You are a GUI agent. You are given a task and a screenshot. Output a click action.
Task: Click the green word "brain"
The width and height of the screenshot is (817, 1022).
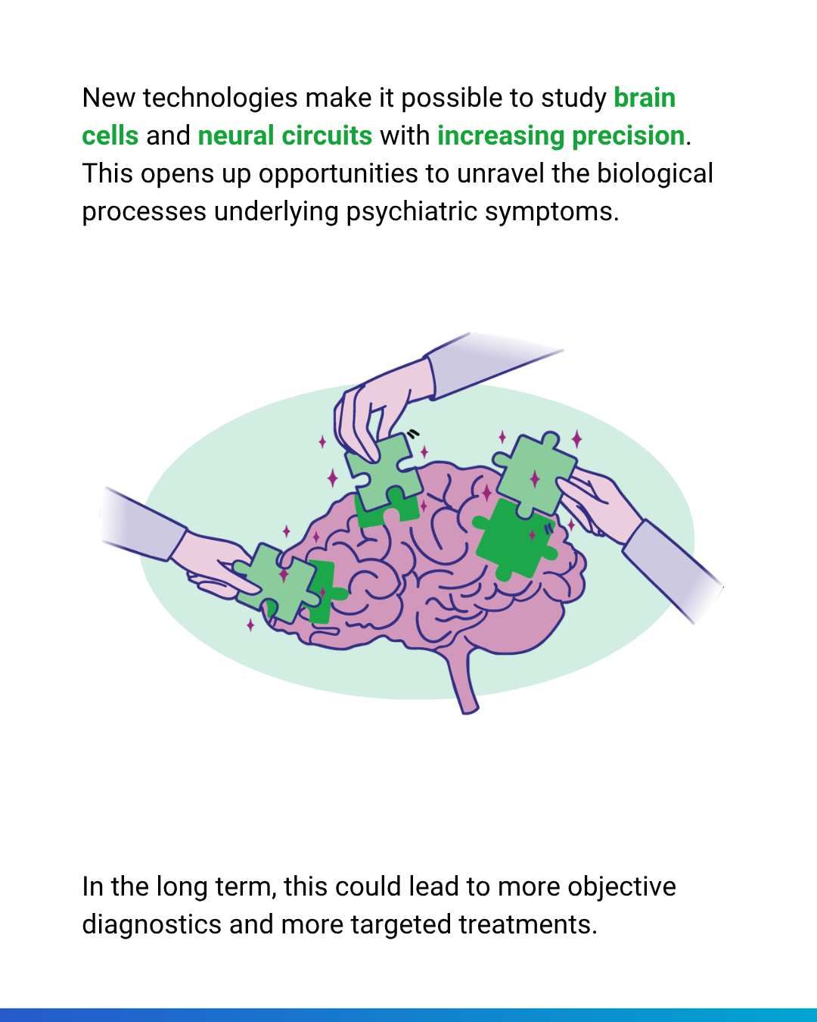645,98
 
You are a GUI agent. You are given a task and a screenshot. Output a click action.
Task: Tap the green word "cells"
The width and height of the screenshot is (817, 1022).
110,136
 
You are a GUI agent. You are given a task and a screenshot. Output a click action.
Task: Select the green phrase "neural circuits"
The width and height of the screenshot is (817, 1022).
285,136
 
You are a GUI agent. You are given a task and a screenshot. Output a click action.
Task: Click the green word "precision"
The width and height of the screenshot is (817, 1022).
628,136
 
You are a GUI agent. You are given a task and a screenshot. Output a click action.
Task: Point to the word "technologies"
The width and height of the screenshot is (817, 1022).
220,99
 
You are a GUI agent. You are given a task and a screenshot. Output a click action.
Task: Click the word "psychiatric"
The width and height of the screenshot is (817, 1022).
412,212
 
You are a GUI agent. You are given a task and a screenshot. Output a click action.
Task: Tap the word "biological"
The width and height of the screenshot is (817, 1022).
654,174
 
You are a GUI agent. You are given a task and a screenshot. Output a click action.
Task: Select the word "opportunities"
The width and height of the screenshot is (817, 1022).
338,174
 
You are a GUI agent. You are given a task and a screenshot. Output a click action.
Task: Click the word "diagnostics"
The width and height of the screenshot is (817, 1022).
151,925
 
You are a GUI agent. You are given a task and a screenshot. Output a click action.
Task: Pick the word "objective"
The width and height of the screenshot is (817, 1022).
621,887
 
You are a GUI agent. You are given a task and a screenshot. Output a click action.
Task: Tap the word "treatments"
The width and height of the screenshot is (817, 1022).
527,925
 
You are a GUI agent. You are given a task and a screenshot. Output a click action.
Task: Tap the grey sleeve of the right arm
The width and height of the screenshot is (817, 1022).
674,570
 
